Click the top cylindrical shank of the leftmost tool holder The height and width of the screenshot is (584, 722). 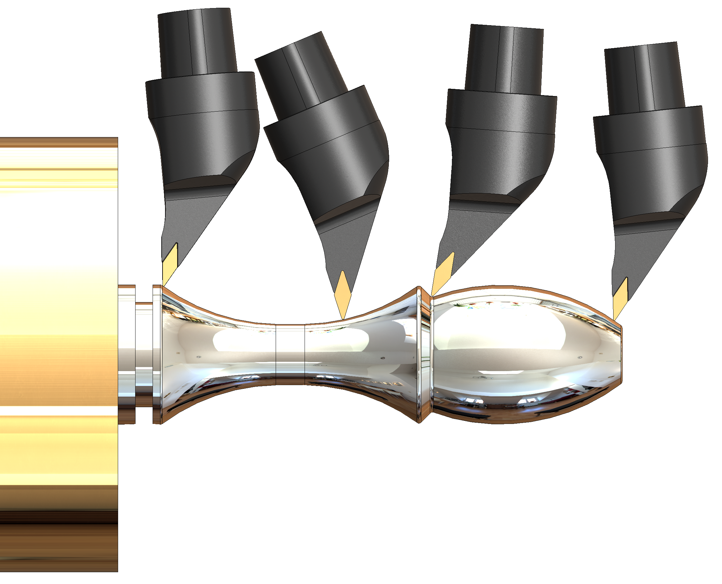[x=197, y=42]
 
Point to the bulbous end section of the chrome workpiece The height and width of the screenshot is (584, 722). [x=525, y=353]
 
